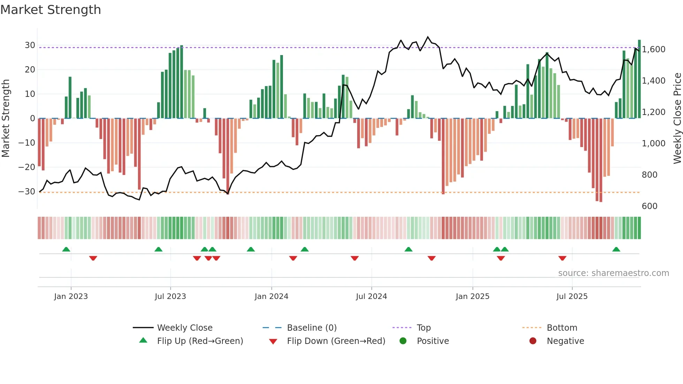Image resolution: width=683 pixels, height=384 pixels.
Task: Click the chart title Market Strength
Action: (x=51, y=10)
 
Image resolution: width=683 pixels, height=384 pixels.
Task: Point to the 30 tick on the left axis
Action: (x=30, y=45)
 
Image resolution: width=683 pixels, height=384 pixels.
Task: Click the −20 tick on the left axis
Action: (x=27, y=167)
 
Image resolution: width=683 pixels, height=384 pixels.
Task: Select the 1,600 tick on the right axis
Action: (x=654, y=49)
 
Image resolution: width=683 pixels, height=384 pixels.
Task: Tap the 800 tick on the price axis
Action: (x=650, y=175)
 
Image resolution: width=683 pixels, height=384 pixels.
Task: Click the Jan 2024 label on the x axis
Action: (x=271, y=297)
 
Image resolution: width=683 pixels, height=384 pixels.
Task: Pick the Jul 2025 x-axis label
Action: (x=572, y=297)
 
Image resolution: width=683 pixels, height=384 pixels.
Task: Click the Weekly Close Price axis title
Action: (x=677, y=118)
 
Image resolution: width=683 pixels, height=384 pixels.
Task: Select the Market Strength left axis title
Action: (x=6, y=118)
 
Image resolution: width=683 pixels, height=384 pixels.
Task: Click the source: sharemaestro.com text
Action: (x=613, y=273)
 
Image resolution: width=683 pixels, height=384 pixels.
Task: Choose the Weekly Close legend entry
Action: (x=185, y=328)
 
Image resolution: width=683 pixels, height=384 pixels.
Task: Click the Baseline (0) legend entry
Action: (x=312, y=328)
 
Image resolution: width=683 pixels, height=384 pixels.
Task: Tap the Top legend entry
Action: (x=424, y=328)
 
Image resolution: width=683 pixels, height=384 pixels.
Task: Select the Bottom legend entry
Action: (x=562, y=328)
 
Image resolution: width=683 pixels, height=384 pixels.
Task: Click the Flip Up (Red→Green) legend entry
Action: (x=200, y=341)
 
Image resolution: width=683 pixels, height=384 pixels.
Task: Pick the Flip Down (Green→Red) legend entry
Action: (x=336, y=341)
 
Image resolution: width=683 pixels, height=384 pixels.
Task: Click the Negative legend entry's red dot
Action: (x=533, y=341)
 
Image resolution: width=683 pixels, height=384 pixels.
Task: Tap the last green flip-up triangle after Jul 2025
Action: (x=616, y=249)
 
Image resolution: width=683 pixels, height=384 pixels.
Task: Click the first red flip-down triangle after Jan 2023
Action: (x=93, y=258)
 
